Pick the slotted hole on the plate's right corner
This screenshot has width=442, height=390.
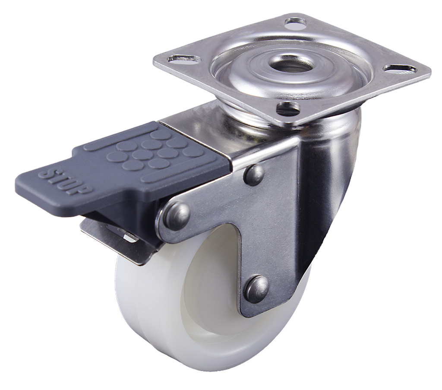click(401, 68)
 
